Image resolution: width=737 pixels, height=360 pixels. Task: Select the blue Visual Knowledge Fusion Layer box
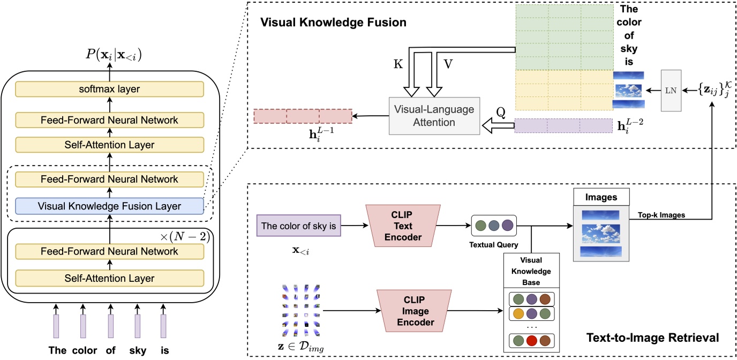110,206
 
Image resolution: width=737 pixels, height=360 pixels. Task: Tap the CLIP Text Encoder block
401,226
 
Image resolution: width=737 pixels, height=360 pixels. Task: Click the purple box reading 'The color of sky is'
299,226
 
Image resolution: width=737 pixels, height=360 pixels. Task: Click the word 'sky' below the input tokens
137,351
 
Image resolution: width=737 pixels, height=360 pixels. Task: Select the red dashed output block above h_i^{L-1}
303,116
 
